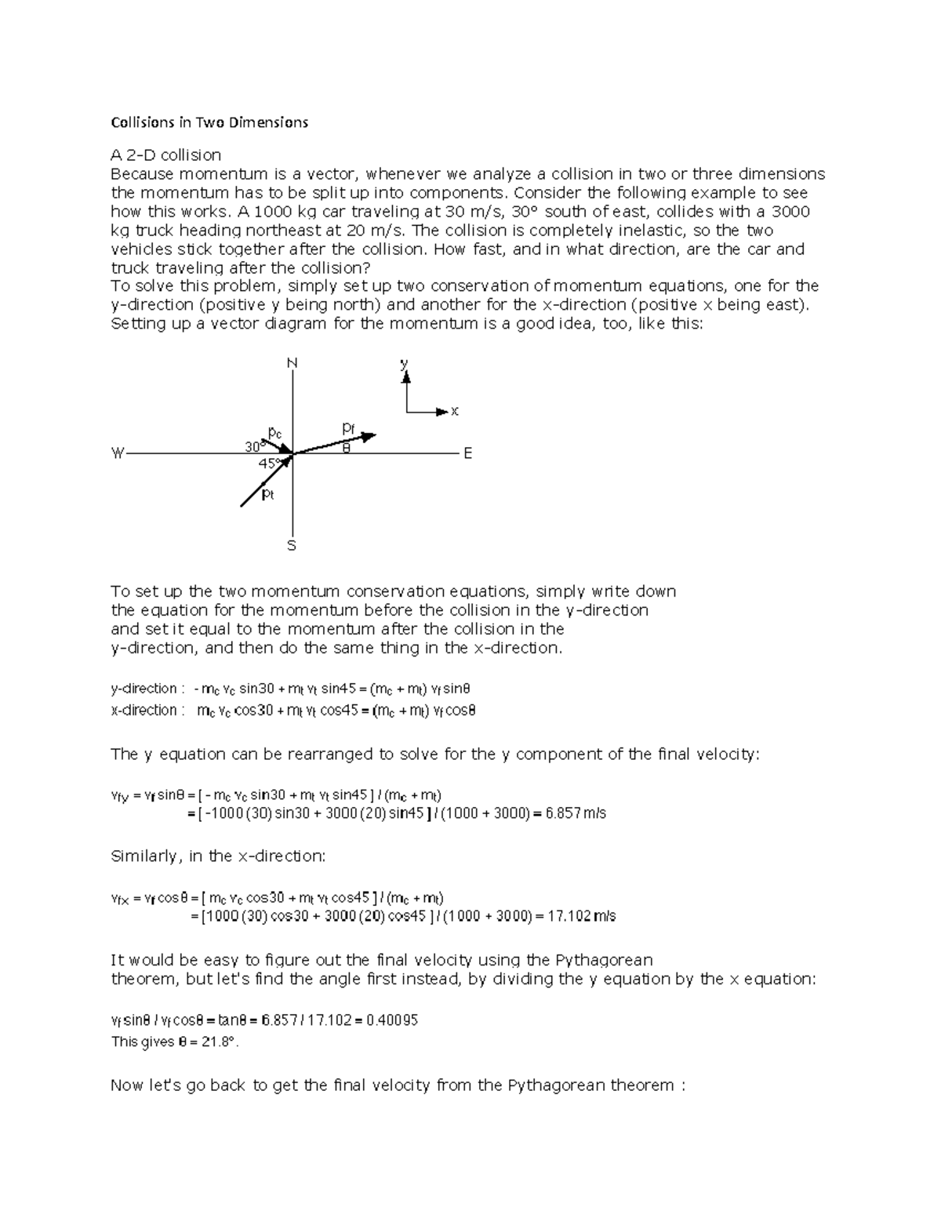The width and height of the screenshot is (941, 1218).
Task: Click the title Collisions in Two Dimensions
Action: click(209, 122)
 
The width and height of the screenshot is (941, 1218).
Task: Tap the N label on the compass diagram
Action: click(292, 364)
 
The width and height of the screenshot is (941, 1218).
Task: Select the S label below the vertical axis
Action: click(292, 545)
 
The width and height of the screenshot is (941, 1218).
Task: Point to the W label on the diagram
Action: click(118, 453)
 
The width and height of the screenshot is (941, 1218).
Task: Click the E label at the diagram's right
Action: click(468, 453)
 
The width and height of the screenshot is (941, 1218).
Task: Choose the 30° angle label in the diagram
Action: click(253, 446)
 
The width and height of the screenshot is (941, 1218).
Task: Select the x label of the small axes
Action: click(454, 411)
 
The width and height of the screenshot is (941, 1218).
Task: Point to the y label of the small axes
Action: click(405, 364)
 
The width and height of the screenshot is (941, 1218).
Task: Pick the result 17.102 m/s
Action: click(580, 916)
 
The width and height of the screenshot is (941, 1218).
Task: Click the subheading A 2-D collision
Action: click(165, 155)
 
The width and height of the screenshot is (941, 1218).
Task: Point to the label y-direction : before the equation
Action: click(147, 689)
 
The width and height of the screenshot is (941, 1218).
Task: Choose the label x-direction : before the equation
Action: click(147, 711)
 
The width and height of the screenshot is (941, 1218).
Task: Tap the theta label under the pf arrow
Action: click(346, 449)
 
